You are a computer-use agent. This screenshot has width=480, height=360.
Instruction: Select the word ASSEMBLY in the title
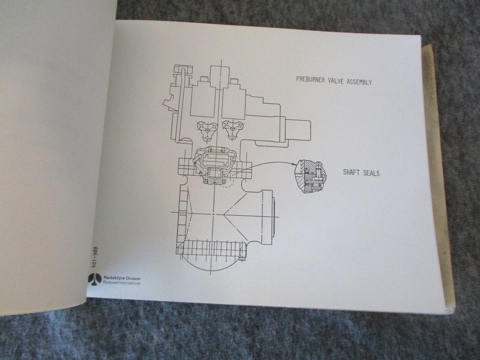(x=360, y=82)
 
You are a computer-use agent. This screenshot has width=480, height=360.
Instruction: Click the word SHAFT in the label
(x=352, y=172)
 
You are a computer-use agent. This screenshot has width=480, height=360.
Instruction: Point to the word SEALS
(x=371, y=173)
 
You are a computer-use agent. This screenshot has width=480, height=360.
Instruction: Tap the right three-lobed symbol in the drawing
(x=232, y=129)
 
